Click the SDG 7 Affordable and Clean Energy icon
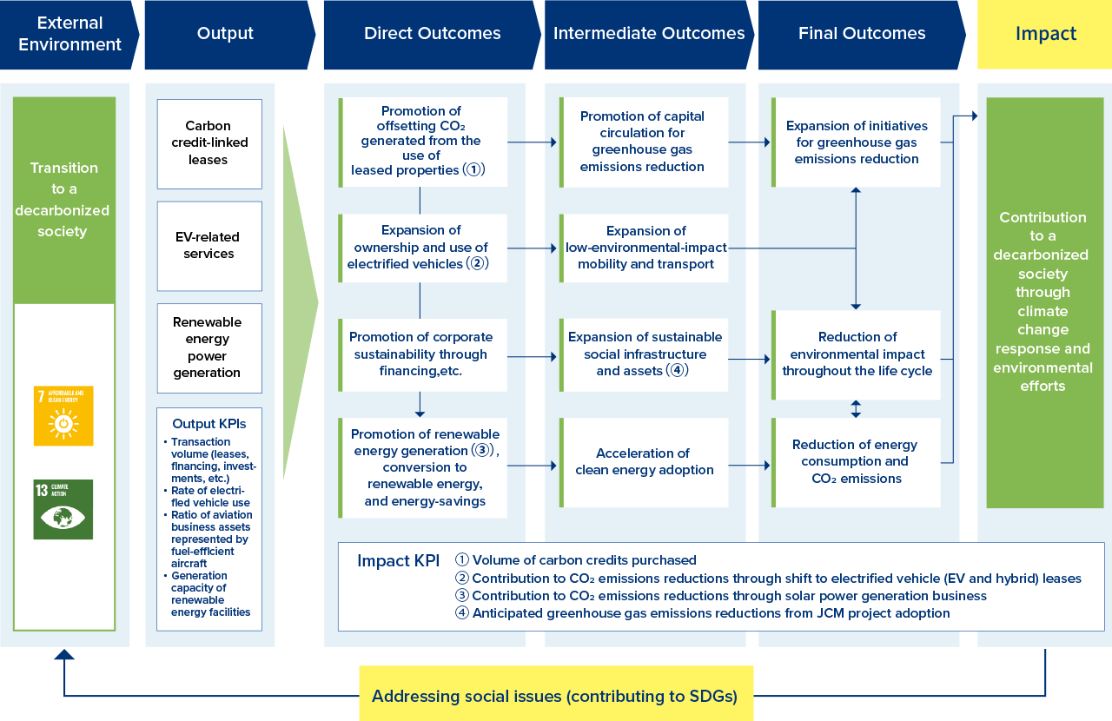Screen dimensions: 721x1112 click(63, 416)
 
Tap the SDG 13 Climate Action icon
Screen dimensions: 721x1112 click(63, 509)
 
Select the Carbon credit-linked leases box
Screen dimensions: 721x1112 click(209, 143)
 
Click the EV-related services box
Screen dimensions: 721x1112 click(209, 246)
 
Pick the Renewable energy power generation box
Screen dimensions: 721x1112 click(209, 347)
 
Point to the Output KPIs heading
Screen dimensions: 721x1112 click(208, 424)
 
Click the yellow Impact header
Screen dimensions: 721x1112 click(1045, 34)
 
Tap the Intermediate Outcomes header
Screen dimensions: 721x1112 click(649, 34)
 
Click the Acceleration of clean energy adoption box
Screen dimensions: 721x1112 click(645, 462)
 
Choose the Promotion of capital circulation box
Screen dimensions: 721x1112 click(645, 142)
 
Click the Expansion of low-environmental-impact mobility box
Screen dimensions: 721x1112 click(645, 248)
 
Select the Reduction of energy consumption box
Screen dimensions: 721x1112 click(857, 462)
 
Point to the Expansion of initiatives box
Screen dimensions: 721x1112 click(857, 142)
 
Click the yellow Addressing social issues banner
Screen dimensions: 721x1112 click(556, 695)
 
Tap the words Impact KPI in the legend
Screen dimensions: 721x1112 click(398, 561)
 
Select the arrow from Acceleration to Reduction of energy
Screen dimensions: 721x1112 click(749, 466)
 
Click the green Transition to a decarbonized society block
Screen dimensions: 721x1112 click(64, 200)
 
